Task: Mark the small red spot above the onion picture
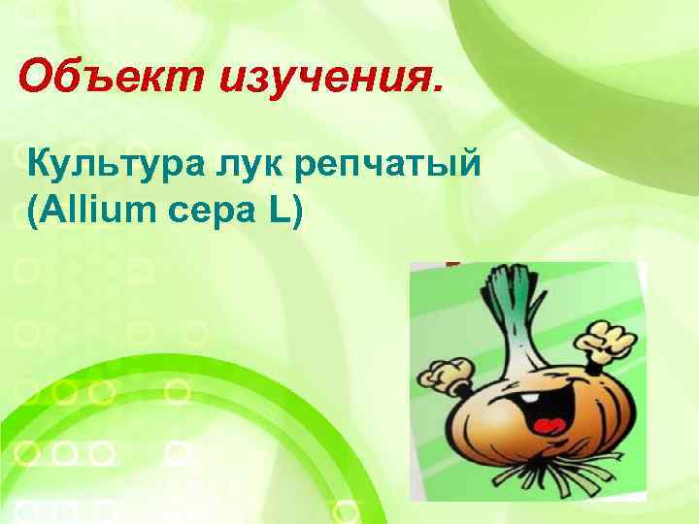pos(451,263)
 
